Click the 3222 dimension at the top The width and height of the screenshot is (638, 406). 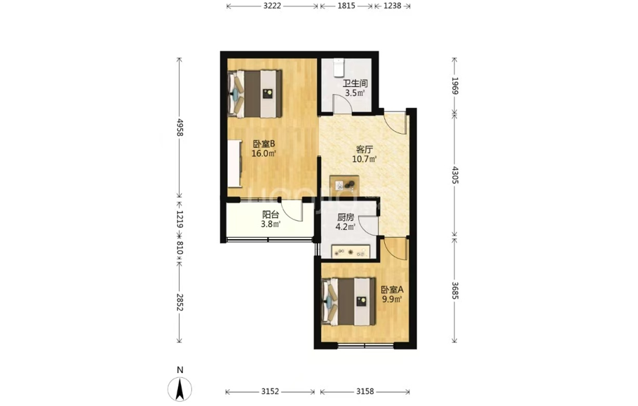click(x=272, y=6)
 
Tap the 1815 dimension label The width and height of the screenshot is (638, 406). click(x=346, y=6)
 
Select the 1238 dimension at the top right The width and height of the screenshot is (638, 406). click(x=392, y=6)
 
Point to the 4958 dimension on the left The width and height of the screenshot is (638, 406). click(x=179, y=128)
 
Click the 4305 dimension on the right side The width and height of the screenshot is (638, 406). click(x=455, y=175)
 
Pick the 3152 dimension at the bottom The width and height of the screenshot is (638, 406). click(x=270, y=391)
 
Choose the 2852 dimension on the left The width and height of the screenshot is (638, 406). click(x=179, y=302)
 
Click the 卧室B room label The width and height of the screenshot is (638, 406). click(x=264, y=144)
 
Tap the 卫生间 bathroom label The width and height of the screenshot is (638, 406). click(x=355, y=83)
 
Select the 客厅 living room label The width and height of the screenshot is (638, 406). click(x=364, y=149)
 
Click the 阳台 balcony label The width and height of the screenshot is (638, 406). click(x=271, y=215)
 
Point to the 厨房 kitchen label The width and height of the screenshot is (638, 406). click(x=346, y=217)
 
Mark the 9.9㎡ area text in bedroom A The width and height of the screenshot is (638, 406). click(x=391, y=300)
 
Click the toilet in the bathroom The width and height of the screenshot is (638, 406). click(x=339, y=67)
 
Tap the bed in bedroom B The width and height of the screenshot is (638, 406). click(x=254, y=94)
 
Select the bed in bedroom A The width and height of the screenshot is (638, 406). click(x=348, y=302)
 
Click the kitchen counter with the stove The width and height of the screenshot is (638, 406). click(x=351, y=252)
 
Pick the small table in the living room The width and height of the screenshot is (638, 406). click(x=344, y=186)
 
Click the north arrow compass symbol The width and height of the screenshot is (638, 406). click(x=180, y=389)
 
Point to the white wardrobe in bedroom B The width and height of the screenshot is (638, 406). click(x=234, y=163)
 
